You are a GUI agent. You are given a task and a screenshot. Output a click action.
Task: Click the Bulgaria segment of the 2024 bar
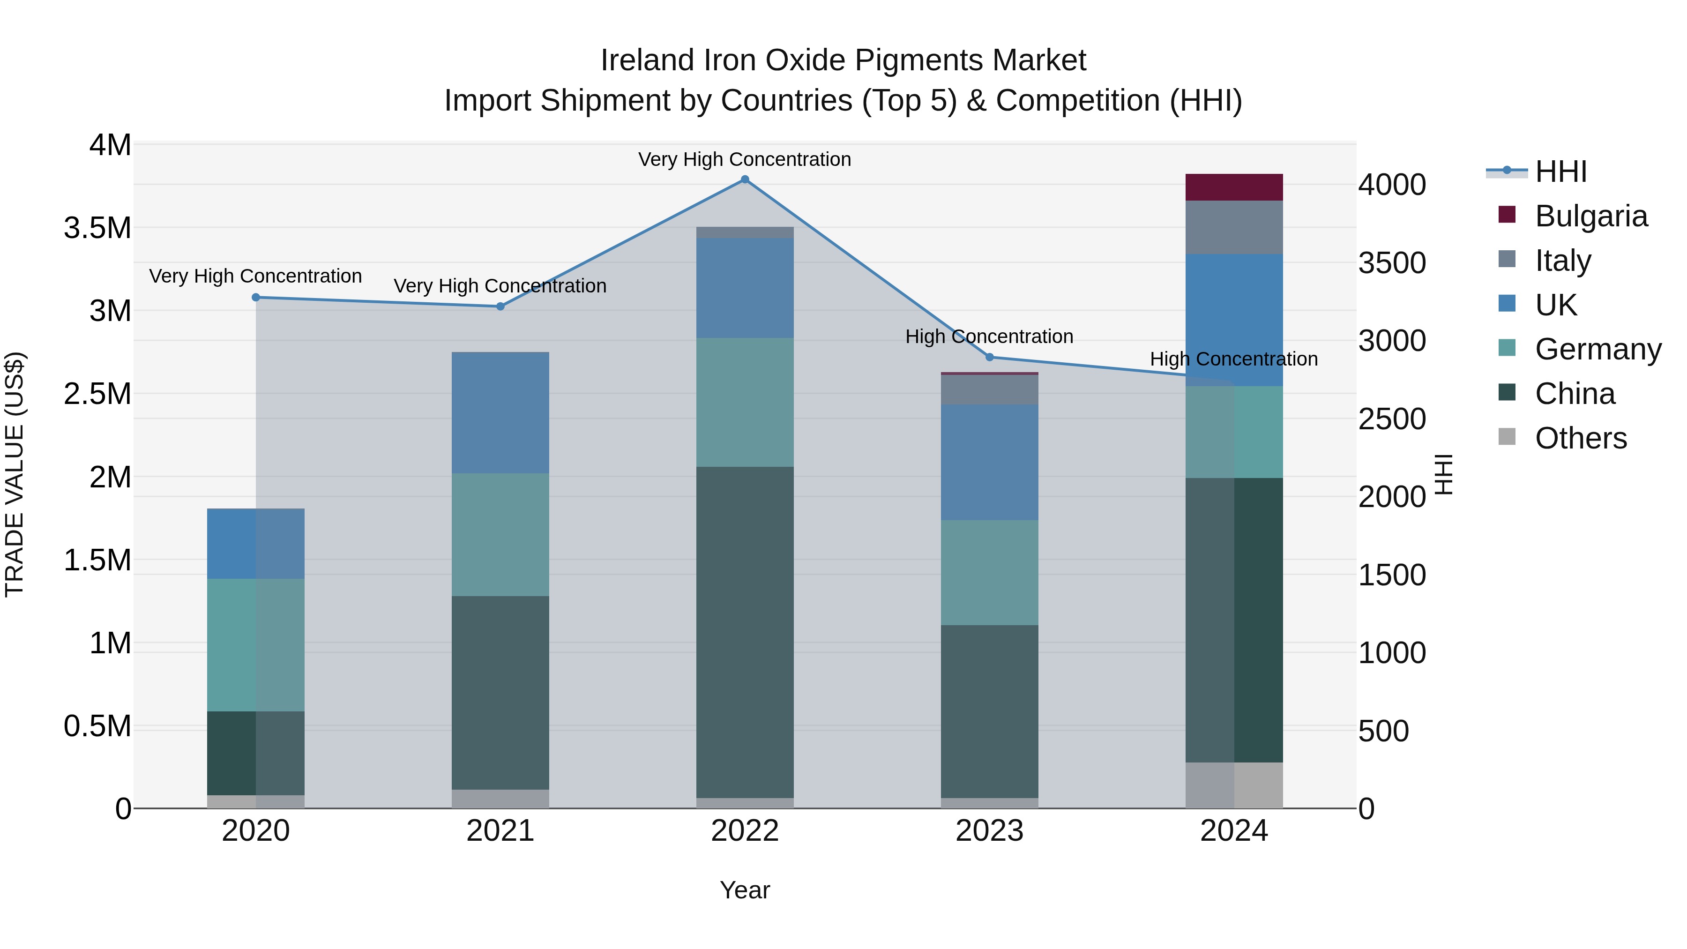coord(1234,187)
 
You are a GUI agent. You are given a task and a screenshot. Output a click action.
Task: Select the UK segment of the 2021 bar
coord(500,412)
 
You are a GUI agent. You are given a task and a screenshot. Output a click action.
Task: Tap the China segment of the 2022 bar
coord(745,632)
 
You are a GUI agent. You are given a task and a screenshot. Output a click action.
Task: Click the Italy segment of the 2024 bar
coord(1234,227)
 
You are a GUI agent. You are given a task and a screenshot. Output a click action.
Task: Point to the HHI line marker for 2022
coord(745,179)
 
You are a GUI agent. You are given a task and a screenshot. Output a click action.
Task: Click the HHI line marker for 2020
coord(256,297)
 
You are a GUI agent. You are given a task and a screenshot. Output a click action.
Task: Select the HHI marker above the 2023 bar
coord(990,357)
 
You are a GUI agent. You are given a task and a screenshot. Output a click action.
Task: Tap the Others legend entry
coord(1580,438)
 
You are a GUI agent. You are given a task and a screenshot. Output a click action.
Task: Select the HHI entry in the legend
coord(1560,172)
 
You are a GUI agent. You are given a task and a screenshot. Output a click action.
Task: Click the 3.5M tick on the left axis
coord(97,228)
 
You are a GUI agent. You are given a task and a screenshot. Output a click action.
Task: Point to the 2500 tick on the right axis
coord(1392,419)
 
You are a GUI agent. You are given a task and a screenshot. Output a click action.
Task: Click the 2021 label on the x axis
coord(500,831)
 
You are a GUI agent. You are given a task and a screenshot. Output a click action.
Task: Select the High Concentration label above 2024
coord(1234,359)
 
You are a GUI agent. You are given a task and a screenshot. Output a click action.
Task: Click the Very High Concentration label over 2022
coord(745,159)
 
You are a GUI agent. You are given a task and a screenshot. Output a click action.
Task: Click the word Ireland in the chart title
coord(647,60)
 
